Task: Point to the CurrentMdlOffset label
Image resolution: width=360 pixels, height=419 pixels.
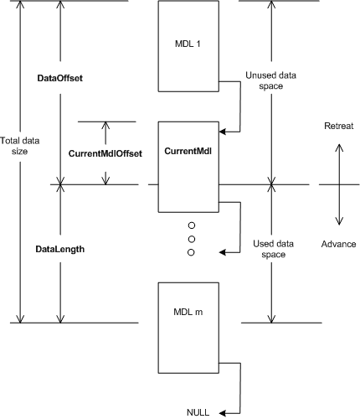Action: pyautogui.click(x=105, y=153)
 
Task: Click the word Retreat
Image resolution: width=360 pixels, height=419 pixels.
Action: pyautogui.click(x=339, y=126)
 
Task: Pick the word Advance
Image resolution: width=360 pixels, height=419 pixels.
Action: pyautogui.click(x=339, y=244)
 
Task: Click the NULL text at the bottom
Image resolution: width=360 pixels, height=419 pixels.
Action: pyautogui.click(x=198, y=411)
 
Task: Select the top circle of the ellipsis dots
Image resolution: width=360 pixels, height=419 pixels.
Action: pyautogui.click(x=191, y=225)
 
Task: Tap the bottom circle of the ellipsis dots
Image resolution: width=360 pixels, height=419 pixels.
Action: pyautogui.click(x=191, y=252)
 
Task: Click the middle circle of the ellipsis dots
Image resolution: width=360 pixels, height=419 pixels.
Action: pyautogui.click(x=191, y=239)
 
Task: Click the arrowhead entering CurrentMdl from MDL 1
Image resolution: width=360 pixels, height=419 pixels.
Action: pyautogui.click(x=222, y=131)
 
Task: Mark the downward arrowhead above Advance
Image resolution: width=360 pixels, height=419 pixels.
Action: pyautogui.click(x=338, y=221)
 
